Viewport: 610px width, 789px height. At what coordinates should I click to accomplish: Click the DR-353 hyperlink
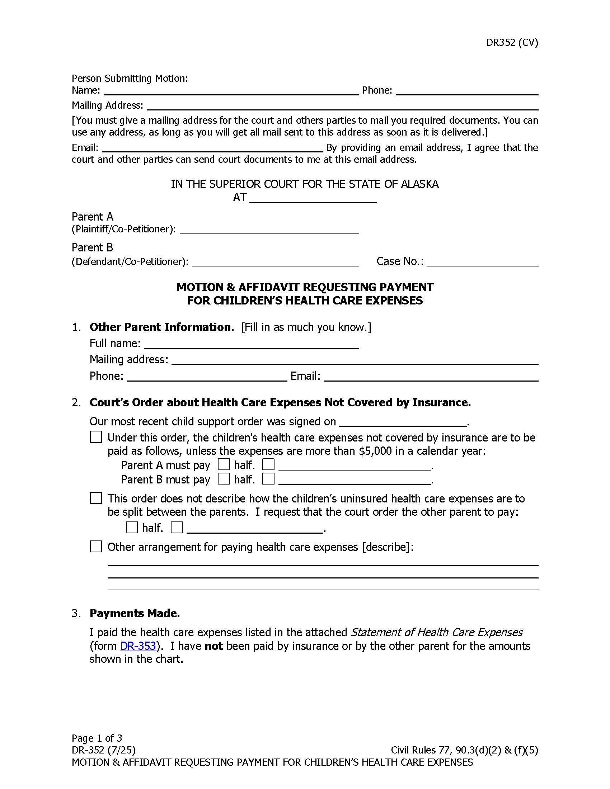click(138, 646)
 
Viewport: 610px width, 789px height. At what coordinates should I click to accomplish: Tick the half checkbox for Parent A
click(224, 464)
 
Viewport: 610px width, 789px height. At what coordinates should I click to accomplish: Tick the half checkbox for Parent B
click(224, 479)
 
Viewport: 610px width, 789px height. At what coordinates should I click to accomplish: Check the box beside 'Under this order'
click(96, 437)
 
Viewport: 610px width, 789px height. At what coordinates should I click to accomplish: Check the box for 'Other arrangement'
click(96, 547)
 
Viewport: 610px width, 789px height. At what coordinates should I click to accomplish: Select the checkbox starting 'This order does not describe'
click(96, 498)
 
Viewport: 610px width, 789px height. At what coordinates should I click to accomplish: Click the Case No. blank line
click(482, 261)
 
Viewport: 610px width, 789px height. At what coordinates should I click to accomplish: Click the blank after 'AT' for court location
click(313, 198)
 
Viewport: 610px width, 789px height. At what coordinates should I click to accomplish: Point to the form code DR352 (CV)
click(512, 43)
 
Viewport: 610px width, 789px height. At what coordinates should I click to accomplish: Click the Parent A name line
click(269, 230)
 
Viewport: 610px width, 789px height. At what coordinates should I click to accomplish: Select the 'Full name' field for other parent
click(251, 344)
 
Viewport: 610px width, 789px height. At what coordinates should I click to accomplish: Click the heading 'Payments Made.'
click(135, 613)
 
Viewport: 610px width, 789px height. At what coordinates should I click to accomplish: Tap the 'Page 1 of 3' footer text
click(97, 738)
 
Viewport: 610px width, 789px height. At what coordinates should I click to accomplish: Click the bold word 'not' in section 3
click(213, 646)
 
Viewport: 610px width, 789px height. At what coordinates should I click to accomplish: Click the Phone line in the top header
click(467, 90)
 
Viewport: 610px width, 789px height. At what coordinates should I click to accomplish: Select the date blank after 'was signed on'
click(403, 422)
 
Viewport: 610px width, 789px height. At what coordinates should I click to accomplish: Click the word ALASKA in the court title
click(419, 184)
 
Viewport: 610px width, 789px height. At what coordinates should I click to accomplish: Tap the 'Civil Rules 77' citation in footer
click(421, 750)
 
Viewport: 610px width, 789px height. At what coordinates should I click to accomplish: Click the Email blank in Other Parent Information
click(431, 377)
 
